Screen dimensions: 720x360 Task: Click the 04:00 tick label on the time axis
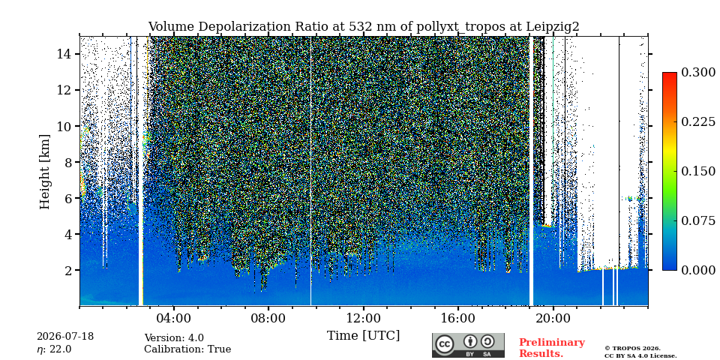[173, 319]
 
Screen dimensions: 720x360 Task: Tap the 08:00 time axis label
[268, 319]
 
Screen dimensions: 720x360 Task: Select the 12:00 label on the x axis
[363, 319]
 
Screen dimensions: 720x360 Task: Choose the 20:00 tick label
[553, 319]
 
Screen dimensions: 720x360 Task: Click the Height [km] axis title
[44, 172]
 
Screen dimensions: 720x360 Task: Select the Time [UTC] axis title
[363, 336]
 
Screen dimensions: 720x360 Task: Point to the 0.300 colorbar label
[698, 72]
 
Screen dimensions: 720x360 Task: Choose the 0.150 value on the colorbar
[698, 171]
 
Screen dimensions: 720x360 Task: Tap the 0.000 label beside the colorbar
[698, 270]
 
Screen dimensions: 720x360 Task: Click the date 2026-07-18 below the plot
[65, 337]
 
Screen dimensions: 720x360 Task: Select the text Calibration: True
[187, 349]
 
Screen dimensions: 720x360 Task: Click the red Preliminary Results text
[551, 347]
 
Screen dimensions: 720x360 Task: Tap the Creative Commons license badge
[468, 345]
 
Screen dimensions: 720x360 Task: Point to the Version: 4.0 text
[174, 338]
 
